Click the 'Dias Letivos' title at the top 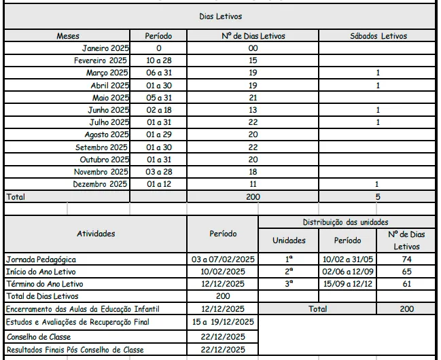[x=220, y=16]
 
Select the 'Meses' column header [x=68, y=36]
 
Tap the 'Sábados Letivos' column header [x=378, y=36]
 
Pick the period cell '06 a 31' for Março [x=158, y=73]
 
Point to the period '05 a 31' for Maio [x=158, y=98]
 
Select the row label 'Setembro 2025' [x=101, y=147]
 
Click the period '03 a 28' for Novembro [x=158, y=172]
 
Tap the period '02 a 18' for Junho [x=158, y=110]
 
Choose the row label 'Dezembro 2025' [x=100, y=184]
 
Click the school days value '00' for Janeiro [x=253, y=48]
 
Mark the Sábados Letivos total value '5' [x=378, y=197]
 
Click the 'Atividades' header [x=96, y=234]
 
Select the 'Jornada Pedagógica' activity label [x=41, y=259]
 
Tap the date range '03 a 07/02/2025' [x=223, y=259]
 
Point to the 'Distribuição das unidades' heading [x=346, y=222]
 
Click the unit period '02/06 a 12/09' [x=348, y=272]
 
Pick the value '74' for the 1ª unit [x=406, y=259]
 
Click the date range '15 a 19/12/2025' [x=223, y=322]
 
